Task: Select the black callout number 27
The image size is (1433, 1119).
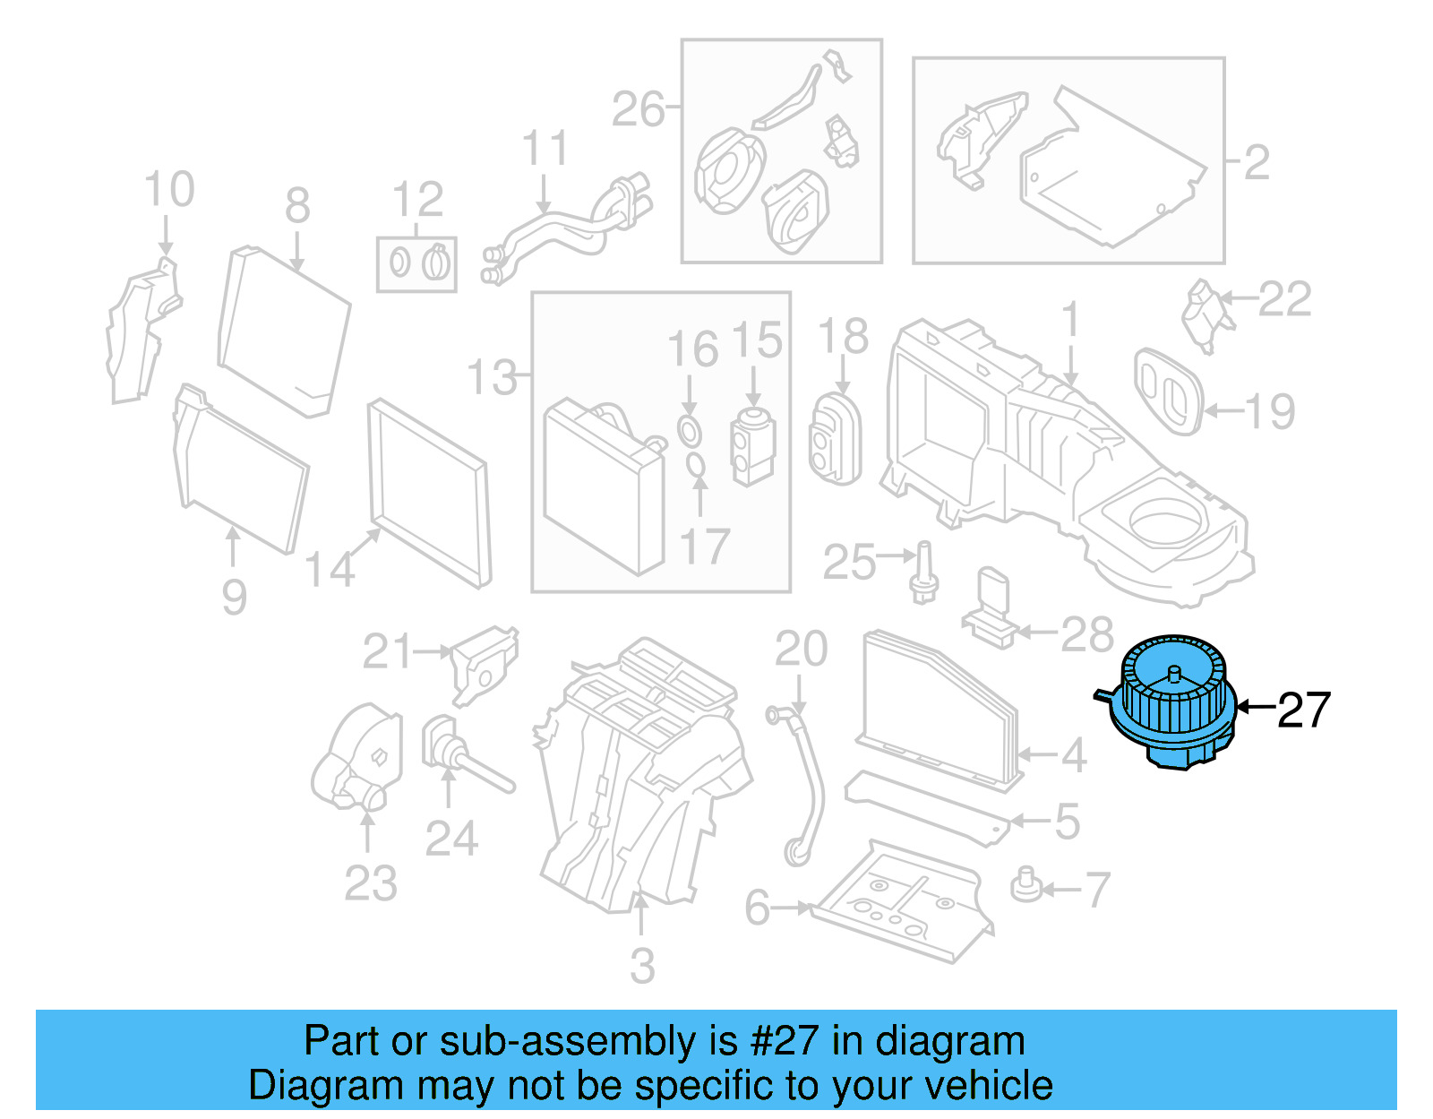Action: [1304, 710]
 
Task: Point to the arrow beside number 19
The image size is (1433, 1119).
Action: [1224, 411]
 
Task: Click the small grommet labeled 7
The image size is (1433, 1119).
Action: [1026, 885]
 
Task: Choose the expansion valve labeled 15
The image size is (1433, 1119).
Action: [753, 446]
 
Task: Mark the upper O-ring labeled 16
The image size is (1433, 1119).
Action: [689, 431]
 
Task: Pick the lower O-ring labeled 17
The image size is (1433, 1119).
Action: [696, 465]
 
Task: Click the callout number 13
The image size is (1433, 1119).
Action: [493, 377]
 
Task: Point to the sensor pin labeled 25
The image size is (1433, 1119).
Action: [924, 572]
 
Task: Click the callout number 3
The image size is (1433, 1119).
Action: [642, 967]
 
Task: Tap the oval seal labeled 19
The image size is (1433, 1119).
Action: [1168, 392]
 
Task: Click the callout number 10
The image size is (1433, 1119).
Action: [168, 189]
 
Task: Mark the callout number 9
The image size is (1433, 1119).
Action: [234, 598]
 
